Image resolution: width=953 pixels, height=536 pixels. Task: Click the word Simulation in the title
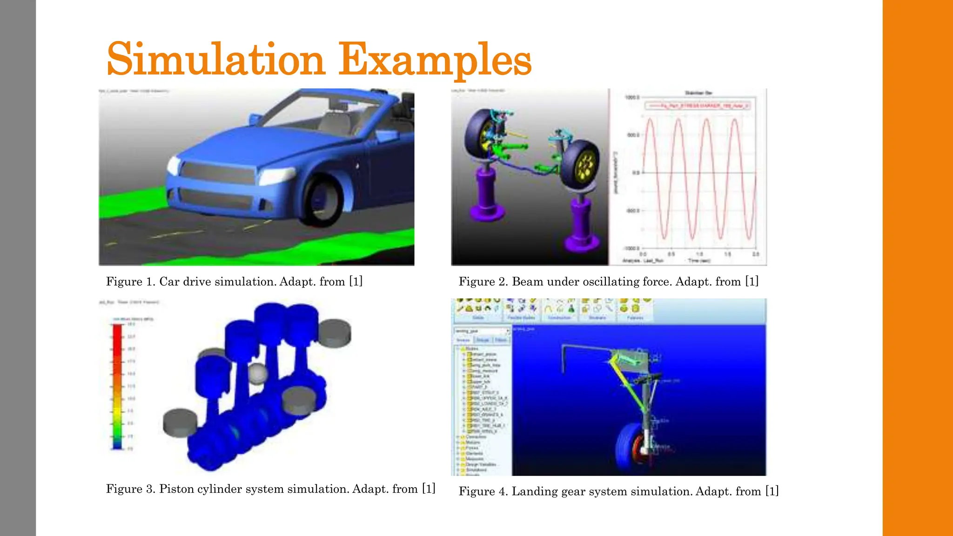point(215,60)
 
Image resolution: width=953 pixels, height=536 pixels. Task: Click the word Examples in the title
point(435,60)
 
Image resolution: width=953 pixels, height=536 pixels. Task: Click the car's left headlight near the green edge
point(174,165)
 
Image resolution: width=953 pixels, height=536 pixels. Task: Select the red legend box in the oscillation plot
point(697,106)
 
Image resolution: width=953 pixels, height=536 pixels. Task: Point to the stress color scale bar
point(117,386)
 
